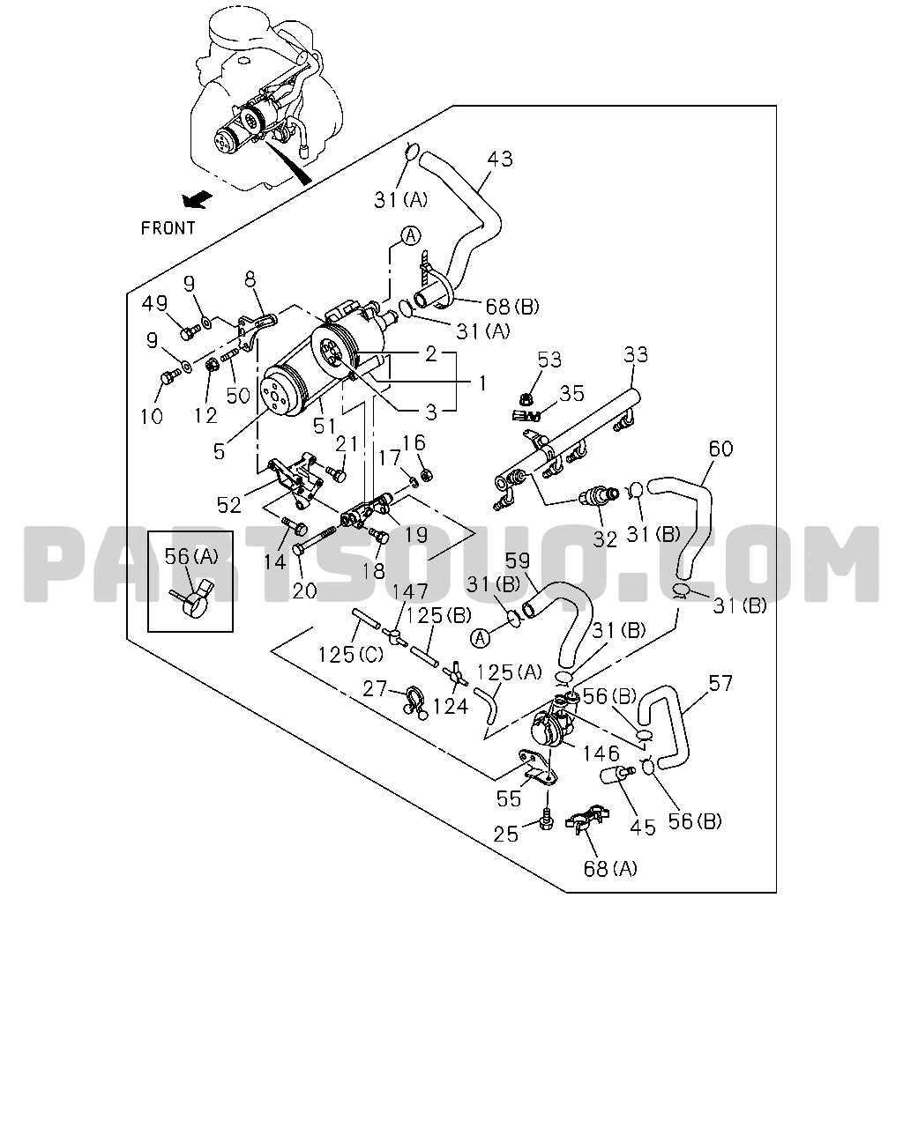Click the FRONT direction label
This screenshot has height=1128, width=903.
point(168,228)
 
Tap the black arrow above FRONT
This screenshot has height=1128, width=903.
point(197,200)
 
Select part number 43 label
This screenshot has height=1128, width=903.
point(499,159)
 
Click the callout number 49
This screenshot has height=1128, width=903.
point(155,303)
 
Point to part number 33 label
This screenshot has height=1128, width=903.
point(636,355)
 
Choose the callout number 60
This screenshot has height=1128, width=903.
point(721,449)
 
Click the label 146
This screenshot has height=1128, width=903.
point(601,753)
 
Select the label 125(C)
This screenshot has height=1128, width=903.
point(351,654)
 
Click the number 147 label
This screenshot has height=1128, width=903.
point(410,592)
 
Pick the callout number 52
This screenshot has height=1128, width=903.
point(228,505)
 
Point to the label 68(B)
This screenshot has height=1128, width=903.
point(512,307)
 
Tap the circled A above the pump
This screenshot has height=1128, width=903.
point(411,236)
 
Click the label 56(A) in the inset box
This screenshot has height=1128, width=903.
point(191,557)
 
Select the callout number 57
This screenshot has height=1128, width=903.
point(720,683)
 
